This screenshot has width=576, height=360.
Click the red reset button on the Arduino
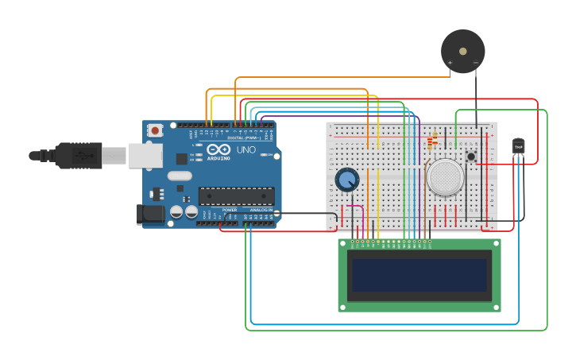click(156, 130)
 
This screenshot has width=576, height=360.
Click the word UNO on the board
click(246, 149)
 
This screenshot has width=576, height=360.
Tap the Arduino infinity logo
click(218, 149)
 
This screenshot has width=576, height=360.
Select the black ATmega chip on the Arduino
click(236, 195)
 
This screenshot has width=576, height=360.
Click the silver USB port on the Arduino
click(145, 155)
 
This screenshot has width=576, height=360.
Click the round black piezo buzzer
click(462, 51)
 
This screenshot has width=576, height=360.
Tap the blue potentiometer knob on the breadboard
click(346, 180)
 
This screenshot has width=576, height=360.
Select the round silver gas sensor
click(445, 176)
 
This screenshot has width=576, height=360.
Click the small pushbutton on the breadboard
click(471, 157)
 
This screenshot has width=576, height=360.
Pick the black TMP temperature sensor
click(518, 146)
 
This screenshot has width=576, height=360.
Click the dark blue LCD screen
click(419, 275)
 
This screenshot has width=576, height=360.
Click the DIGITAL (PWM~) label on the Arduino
click(242, 138)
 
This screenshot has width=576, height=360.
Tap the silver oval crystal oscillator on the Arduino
click(180, 176)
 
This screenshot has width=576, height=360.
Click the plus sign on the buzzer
click(450, 63)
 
